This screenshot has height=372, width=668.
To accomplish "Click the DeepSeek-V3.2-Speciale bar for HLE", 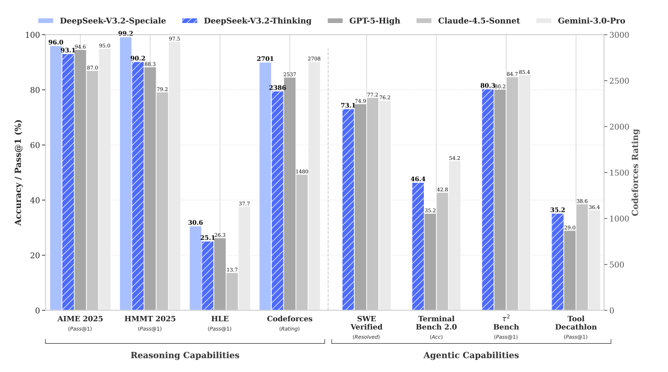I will pyautogui.click(x=195, y=268).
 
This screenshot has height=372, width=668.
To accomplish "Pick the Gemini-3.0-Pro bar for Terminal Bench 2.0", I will pyautogui.click(x=454, y=236).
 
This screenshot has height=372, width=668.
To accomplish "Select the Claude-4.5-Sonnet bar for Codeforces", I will pyautogui.click(x=302, y=242).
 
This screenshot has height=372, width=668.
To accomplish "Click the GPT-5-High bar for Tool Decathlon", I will pyautogui.click(x=570, y=270).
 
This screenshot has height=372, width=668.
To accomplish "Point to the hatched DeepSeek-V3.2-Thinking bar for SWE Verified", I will pyautogui.click(x=348, y=210).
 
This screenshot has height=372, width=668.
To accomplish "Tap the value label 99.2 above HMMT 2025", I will pyautogui.click(x=126, y=34).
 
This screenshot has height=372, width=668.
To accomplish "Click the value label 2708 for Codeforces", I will pyautogui.click(x=314, y=59).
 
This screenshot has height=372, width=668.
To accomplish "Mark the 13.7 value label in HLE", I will pyautogui.click(x=232, y=270).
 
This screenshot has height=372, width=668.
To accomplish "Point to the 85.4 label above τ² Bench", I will pyautogui.click(x=524, y=72).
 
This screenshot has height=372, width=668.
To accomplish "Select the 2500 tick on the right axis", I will pyautogui.click(x=619, y=81).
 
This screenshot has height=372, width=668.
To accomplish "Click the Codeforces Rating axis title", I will pyautogui.click(x=636, y=172).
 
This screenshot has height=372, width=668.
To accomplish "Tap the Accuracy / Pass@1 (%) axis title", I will pyautogui.click(x=18, y=172).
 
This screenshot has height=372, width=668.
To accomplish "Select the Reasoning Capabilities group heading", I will pyautogui.click(x=185, y=355).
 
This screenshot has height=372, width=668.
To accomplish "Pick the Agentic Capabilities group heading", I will pyautogui.click(x=471, y=355).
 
